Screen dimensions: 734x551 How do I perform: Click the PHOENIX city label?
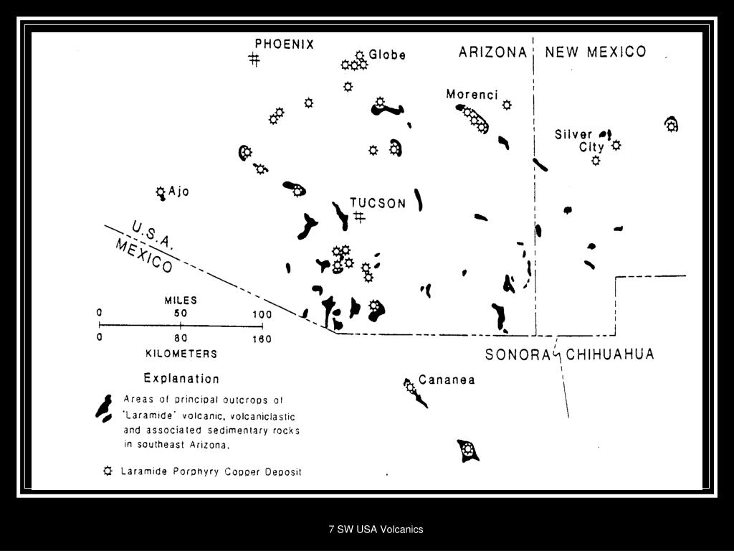pos(284,44)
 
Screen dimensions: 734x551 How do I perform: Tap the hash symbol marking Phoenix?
pos(254,60)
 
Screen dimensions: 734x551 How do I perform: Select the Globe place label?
pos(387,55)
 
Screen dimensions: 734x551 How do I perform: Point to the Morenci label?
pos(472,94)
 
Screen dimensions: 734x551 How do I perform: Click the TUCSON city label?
pos(378,203)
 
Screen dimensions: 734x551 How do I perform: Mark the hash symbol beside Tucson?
pos(359,216)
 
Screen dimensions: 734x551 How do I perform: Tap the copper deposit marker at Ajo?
pos(161,192)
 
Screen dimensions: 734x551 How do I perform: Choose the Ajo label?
pos(178,192)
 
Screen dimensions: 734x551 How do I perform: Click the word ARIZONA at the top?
pos(493,52)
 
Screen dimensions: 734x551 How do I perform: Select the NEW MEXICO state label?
pos(595,52)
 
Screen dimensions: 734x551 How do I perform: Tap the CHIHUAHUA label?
pos(610,354)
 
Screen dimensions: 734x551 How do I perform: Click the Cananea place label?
pos(447,380)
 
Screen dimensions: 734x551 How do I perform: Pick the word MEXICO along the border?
pos(144,255)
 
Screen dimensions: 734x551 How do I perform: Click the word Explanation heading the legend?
pos(181,378)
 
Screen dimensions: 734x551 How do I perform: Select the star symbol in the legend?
pos(108,471)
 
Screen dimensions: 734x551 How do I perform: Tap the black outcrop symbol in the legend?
pos(105,408)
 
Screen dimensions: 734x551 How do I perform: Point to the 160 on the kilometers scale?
pos(262,339)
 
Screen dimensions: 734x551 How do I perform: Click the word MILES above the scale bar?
pos(181,301)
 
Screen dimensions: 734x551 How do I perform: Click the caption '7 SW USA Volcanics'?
pos(376,529)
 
